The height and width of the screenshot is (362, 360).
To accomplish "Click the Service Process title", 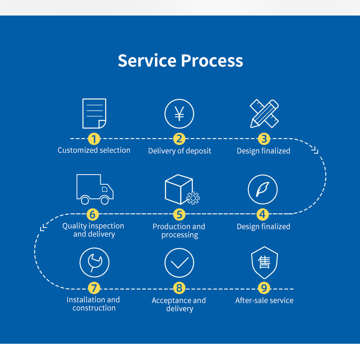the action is click(x=180, y=61).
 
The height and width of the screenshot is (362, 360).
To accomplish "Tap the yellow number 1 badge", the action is click(x=94, y=139).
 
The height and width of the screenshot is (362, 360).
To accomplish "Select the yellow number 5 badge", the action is click(x=179, y=214).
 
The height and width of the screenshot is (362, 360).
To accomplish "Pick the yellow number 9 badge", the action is click(x=264, y=288).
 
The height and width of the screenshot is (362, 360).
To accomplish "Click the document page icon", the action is click(x=94, y=114).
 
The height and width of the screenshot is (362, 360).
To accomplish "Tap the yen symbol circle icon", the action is click(x=179, y=114).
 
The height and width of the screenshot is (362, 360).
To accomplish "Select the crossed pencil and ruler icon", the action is click(x=264, y=114).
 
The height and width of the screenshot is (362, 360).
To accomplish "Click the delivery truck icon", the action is click(x=95, y=189).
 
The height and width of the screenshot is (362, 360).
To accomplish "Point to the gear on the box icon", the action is click(x=193, y=198).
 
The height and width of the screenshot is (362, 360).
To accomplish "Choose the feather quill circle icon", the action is click(x=262, y=190).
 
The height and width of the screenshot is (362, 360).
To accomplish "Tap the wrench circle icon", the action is click(x=94, y=263).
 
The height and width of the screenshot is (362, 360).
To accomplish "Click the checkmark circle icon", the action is click(x=179, y=263).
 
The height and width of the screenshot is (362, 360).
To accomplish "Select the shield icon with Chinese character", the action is click(x=264, y=263).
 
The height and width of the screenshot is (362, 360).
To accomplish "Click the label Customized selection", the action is click(x=94, y=150).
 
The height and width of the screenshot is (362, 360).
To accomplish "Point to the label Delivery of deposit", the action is click(x=180, y=151).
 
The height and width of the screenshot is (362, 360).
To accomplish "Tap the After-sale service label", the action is click(x=264, y=300).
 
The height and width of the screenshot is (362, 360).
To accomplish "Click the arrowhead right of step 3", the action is click(x=315, y=150).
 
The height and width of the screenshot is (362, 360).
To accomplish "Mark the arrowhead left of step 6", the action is click(x=43, y=227).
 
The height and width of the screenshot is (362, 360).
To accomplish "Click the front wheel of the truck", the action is click(x=104, y=201).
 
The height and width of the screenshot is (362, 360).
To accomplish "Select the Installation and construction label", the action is click(x=93, y=304).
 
